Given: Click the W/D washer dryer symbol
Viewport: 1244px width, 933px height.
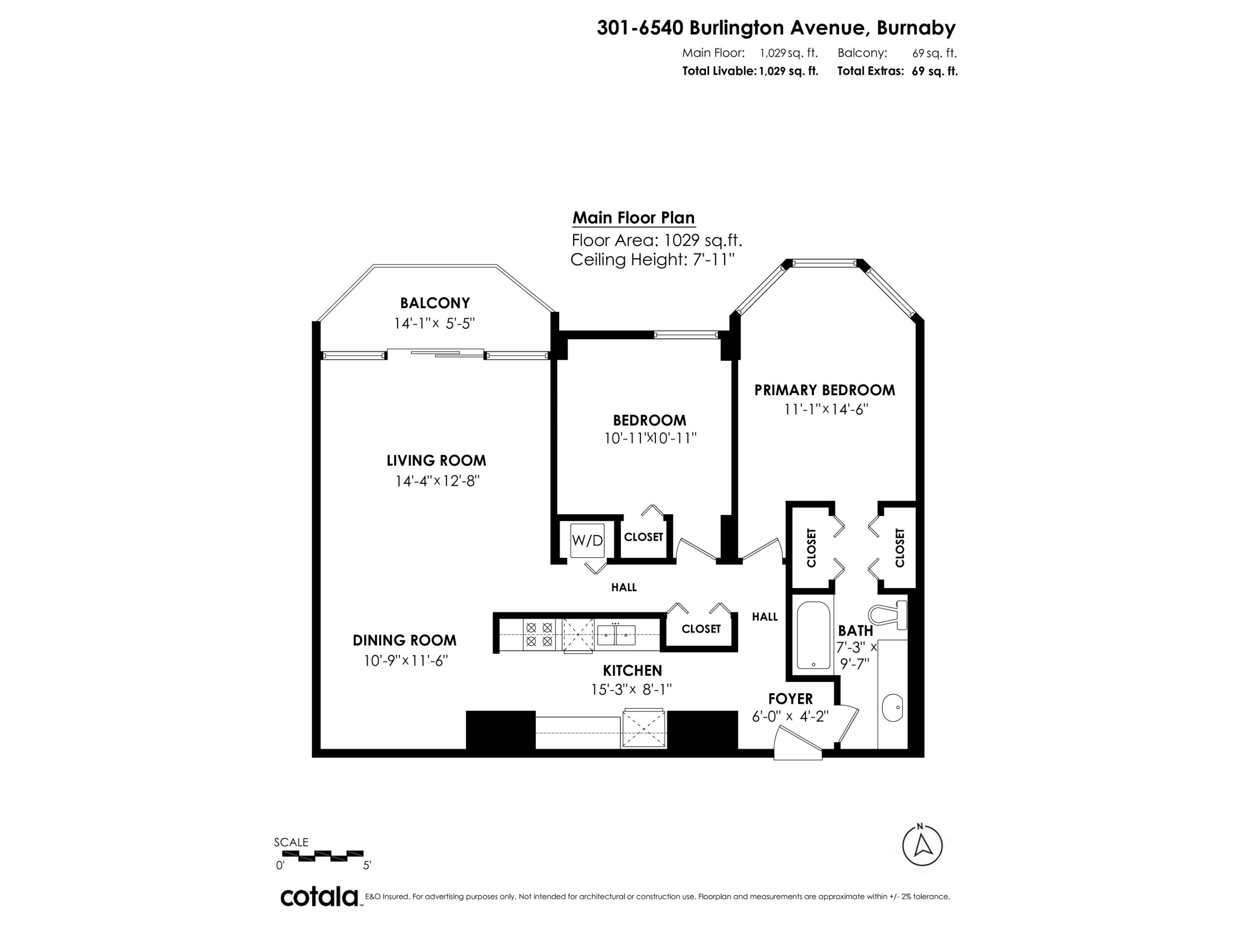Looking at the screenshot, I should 587,540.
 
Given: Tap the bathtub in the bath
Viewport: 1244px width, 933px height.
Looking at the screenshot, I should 813,636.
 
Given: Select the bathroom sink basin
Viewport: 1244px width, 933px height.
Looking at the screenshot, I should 892,707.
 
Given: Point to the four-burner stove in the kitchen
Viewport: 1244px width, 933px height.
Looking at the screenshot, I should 539,634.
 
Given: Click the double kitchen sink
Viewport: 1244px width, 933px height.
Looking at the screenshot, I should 616,635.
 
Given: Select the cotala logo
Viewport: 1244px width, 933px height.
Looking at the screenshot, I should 319,897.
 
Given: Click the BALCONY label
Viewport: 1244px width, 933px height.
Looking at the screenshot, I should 435,303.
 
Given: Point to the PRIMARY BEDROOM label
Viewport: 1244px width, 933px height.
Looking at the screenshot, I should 824,390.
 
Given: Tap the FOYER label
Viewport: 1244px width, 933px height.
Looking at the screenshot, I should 790,698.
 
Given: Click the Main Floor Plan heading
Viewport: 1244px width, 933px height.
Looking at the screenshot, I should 633,218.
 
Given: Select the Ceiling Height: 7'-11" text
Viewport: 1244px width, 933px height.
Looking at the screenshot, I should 652,260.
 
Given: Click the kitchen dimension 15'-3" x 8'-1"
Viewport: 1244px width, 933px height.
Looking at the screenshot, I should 632,689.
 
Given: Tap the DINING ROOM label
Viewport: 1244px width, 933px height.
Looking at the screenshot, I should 404,640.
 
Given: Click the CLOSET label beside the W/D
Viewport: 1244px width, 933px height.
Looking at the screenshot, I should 644,537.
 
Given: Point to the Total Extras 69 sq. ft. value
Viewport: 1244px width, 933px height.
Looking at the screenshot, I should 934,71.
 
